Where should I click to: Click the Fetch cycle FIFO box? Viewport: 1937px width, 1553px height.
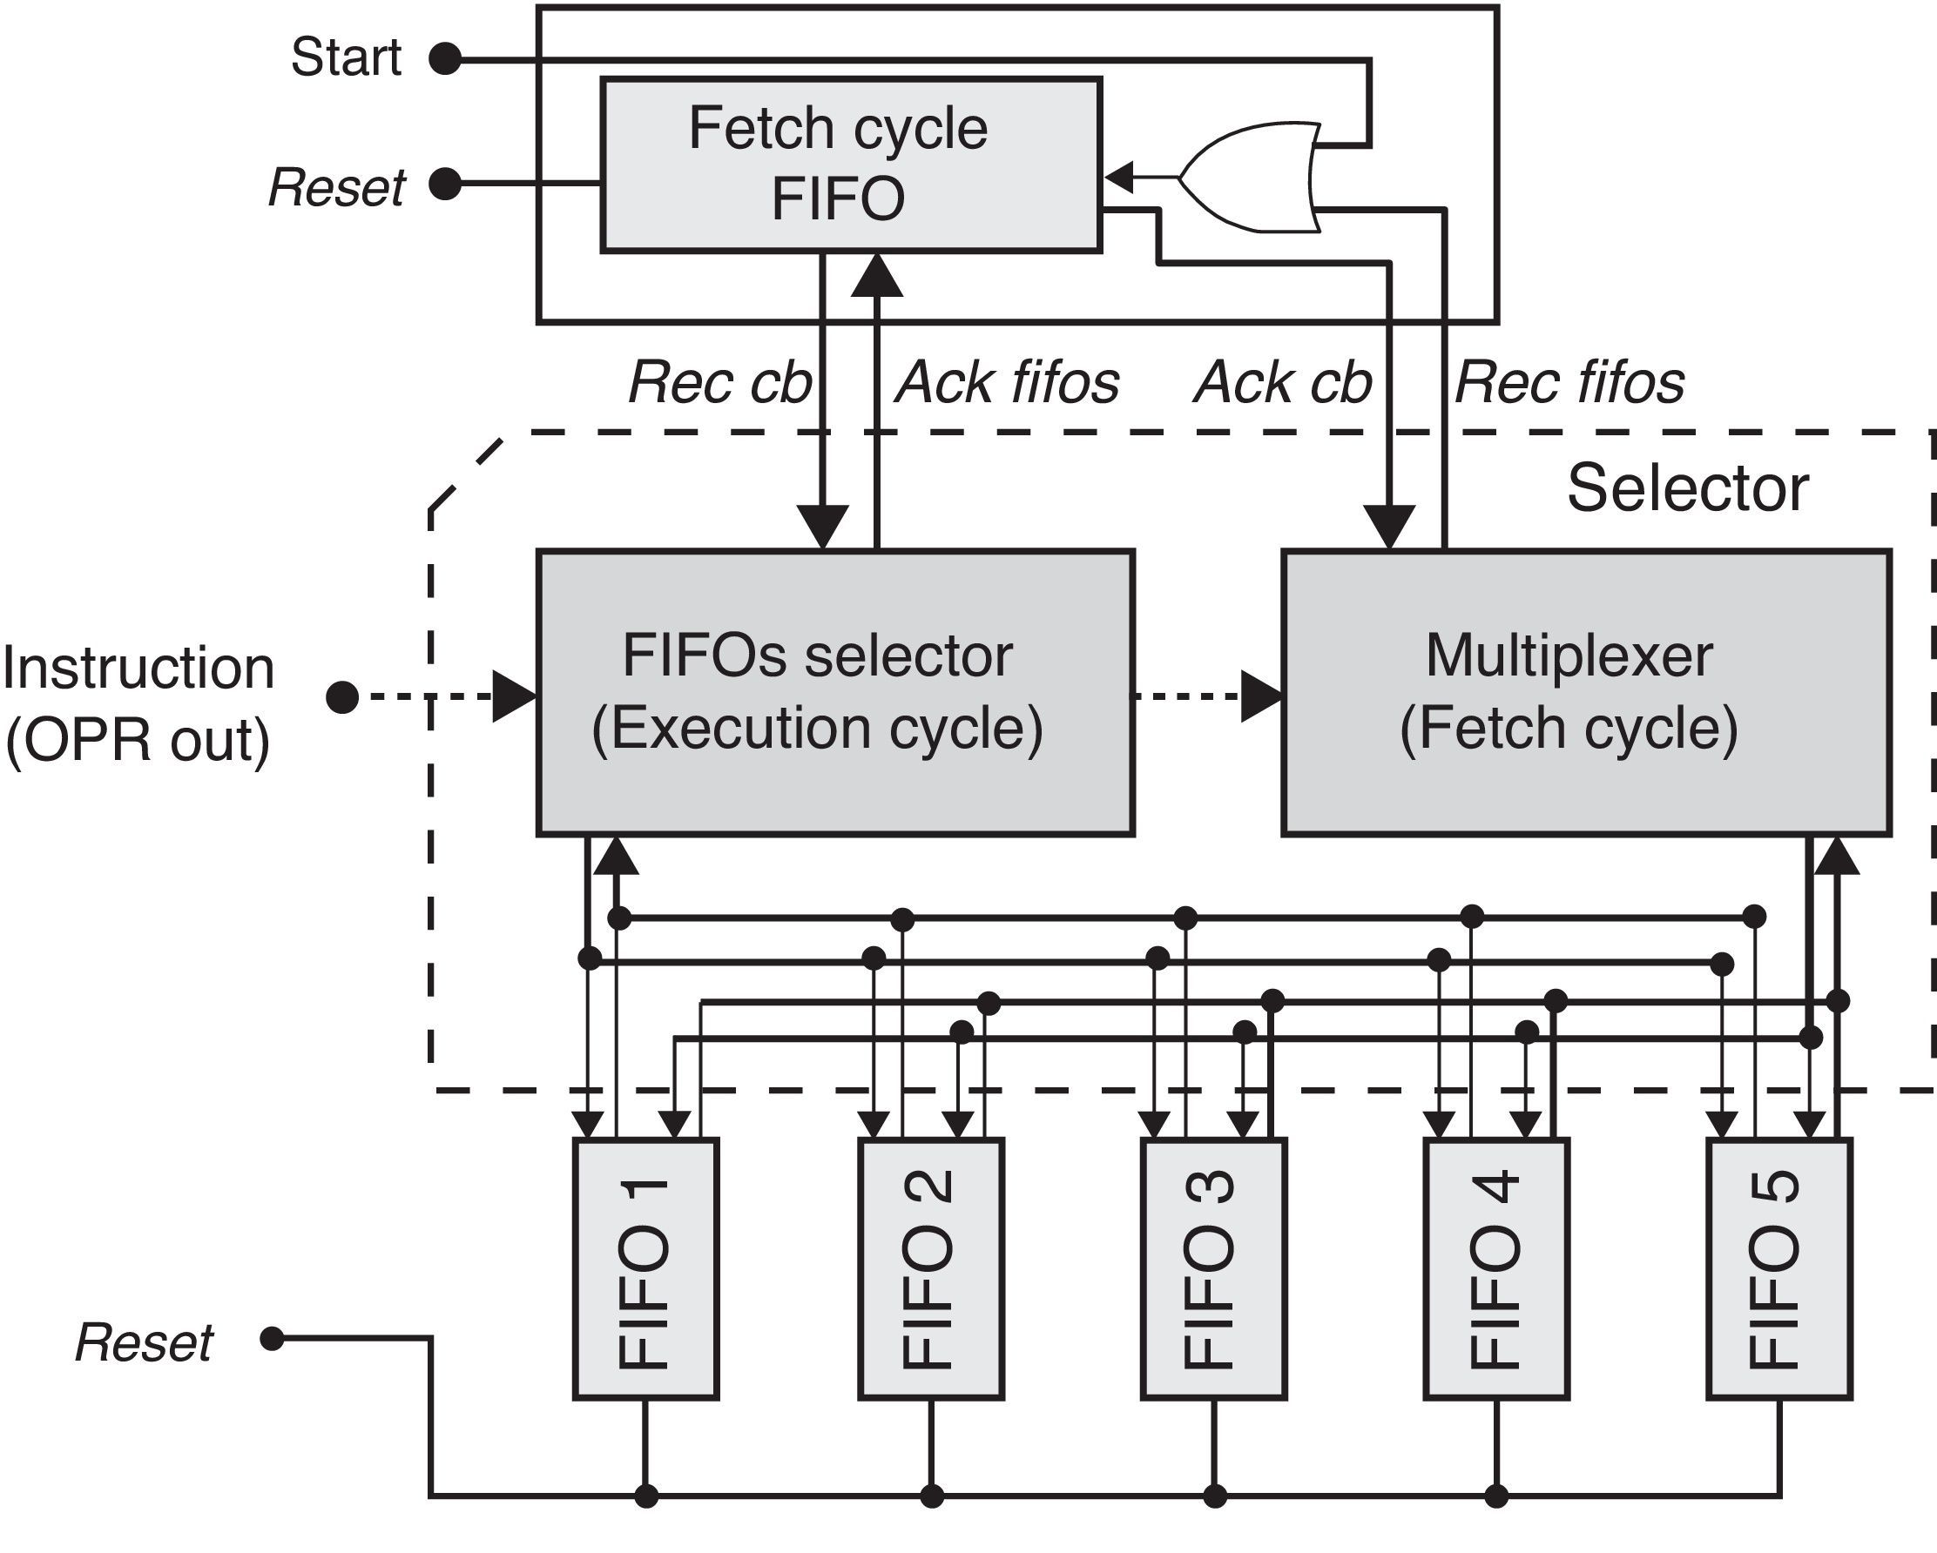(850, 165)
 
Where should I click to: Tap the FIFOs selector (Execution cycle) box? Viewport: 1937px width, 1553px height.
(834, 693)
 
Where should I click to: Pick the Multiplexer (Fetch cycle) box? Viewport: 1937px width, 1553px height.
(1586, 693)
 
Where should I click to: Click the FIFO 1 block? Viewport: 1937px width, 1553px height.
(645, 1268)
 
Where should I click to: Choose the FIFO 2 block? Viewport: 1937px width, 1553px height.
(931, 1268)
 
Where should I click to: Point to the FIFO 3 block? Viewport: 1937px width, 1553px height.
(1214, 1268)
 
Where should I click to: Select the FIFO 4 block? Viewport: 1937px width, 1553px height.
(1497, 1268)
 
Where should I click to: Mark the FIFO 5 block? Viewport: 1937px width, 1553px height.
(1778, 1268)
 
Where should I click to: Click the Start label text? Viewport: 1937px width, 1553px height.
(346, 57)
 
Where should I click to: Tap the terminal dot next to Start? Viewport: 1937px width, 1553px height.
(445, 59)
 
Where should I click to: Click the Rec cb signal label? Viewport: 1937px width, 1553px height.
(719, 383)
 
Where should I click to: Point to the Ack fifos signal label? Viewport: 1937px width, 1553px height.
(1007, 383)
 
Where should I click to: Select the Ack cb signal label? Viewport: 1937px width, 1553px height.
(1283, 383)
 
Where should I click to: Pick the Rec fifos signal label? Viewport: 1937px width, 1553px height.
(1569, 383)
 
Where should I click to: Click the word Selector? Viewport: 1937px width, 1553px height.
(1687, 488)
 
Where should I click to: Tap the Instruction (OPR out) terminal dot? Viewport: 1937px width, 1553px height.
(341, 696)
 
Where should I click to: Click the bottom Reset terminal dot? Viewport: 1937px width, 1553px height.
(272, 1339)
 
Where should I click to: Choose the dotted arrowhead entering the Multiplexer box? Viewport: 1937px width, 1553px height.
(1262, 696)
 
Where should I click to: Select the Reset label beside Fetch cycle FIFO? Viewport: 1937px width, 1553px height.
(337, 188)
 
